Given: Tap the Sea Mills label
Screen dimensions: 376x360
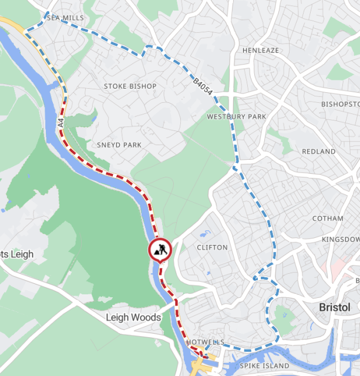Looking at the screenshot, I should [62, 18].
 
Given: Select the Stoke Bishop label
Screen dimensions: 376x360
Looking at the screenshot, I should [130, 86].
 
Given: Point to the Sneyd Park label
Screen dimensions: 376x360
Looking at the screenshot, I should [120, 145].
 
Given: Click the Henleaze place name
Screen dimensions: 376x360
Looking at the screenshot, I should [261, 51].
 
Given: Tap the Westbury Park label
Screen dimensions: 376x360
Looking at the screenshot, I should [236, 117].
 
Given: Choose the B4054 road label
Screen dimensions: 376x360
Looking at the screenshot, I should [203, 85].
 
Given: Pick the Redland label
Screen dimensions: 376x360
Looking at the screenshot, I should [318, 152].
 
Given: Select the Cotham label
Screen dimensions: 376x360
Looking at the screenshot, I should [328, 219].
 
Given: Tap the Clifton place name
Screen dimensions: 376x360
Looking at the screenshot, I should [212, 247].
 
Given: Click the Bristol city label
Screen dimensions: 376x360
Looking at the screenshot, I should [334, 307].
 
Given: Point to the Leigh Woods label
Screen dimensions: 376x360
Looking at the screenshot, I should [133, 317].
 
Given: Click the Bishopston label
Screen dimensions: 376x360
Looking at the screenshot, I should [340, 104].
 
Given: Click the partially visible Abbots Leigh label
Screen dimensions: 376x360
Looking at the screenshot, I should [16, 254].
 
